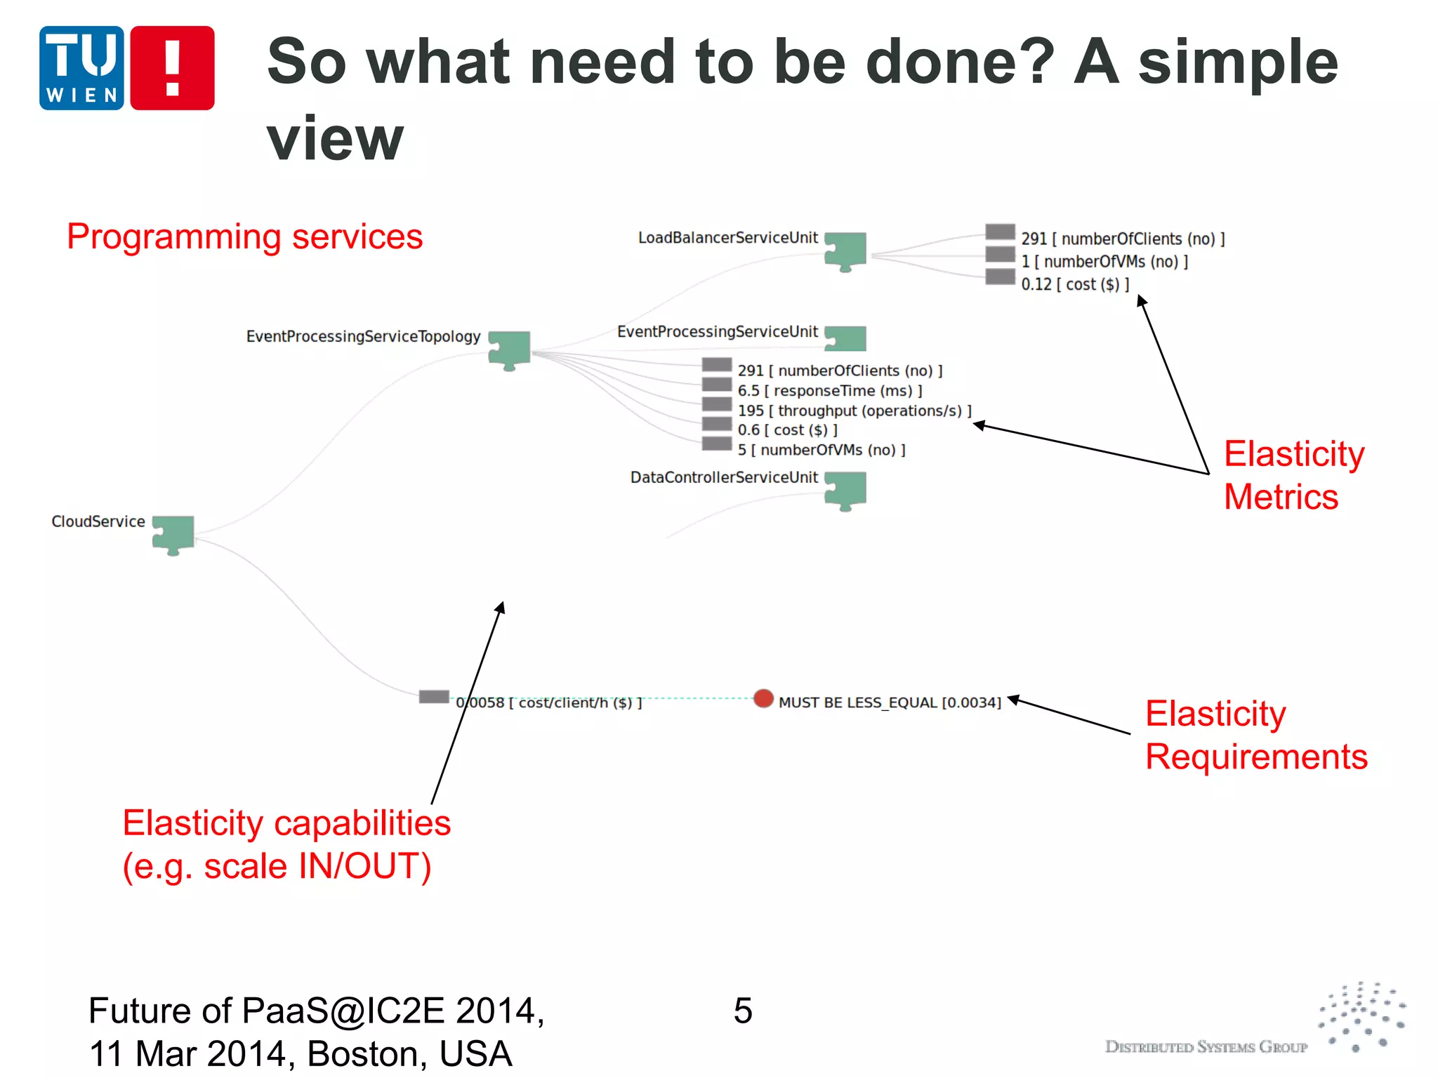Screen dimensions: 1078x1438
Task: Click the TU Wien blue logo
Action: [x=81, y=68]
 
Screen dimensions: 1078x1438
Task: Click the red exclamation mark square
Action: [x=172, y=68]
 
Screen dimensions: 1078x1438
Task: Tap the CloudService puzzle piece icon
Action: [x=173, y=534]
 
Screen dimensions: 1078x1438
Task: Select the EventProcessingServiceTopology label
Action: [x=363, y=337]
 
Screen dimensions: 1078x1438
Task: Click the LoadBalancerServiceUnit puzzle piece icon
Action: [x=845, y=251]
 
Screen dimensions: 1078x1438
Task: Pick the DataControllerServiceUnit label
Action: [x=724, y=478]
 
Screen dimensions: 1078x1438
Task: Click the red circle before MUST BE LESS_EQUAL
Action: [x=763, y=698]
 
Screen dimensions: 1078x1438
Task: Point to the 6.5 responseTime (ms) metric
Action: [x=829, y=391]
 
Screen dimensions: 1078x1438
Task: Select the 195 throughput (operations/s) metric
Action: [x=854, y=411]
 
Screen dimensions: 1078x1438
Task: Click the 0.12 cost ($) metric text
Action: [x=1075, y=284]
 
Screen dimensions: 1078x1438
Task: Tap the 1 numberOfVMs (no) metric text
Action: [x=1104, y=262]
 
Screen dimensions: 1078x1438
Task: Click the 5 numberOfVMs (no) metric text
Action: [x=821, y=450]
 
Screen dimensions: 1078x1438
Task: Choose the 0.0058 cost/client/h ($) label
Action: [x=549, y=703]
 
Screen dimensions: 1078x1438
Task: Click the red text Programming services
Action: [x=244, y=237]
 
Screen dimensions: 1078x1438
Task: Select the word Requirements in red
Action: [x=1256, y=757]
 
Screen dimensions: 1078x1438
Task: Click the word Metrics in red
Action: [x=1281, y=497]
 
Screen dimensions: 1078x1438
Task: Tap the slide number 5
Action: [x=743, y=1011]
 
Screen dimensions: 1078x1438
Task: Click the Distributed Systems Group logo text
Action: [x=1206, y=1047]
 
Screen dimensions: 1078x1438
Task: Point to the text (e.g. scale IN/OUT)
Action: [x=277, y=866]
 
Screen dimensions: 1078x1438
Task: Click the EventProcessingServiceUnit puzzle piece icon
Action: [x=845, y=338]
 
